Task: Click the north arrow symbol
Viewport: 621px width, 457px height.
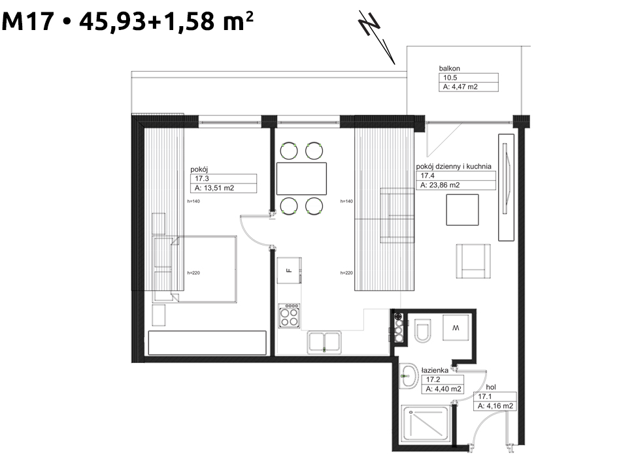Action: click(377, 37)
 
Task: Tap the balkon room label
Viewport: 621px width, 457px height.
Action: click(449, 69)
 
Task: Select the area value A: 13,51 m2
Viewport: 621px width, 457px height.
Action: click(214, 188)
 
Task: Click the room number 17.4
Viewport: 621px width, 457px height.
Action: click(428, 176)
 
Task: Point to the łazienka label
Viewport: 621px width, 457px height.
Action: click(435, 370)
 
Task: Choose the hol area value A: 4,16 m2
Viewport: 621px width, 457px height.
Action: click(495, 406)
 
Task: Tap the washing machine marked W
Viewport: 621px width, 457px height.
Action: click(456, 327)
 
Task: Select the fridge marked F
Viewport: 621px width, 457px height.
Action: click(289, 270)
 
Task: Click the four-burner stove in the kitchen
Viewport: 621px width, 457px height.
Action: click(289, 315)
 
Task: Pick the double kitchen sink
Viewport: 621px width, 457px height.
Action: click(324, 343)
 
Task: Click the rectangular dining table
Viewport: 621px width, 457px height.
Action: click(301, 178)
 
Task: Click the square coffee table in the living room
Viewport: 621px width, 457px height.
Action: click(462, 210)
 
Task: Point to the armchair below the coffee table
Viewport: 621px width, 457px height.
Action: click(473, 261)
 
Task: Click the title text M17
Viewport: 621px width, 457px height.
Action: click(27, 22)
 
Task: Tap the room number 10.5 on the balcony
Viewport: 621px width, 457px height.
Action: click(450, 78)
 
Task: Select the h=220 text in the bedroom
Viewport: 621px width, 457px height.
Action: click(193, 273)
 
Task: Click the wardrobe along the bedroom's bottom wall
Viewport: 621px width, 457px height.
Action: click(207, 343)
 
